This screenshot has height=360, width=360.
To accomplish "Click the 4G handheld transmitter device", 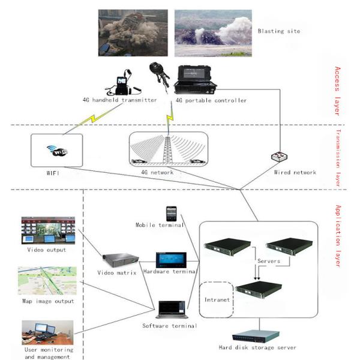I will [124, 84].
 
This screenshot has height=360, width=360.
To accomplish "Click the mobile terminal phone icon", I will [172, 214].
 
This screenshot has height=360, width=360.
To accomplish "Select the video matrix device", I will [119, 259].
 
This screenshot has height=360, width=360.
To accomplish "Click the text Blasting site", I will [280, 31].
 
